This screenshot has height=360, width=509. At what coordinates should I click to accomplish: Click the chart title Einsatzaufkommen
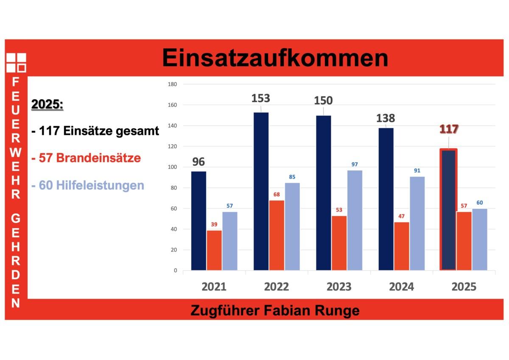(275, 58)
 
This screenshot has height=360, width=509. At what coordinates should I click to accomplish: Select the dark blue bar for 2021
(199, 220)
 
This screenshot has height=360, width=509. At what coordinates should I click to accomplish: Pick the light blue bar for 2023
(355, 220)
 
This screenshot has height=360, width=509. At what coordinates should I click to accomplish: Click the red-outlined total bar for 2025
(448, 209)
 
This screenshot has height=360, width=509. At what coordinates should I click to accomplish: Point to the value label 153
(260, 98)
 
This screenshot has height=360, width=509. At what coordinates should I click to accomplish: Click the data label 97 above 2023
(355, 164)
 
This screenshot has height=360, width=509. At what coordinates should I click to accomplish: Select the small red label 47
(402, 216)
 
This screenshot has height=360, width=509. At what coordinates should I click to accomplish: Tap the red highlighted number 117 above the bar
(449, 129)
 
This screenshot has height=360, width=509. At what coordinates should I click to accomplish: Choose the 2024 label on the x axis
(401, 287)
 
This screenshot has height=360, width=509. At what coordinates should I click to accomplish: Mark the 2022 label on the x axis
(277, 287)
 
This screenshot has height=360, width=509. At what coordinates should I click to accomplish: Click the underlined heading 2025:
(48, 104)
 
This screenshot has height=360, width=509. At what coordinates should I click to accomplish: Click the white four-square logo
(16, 63)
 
